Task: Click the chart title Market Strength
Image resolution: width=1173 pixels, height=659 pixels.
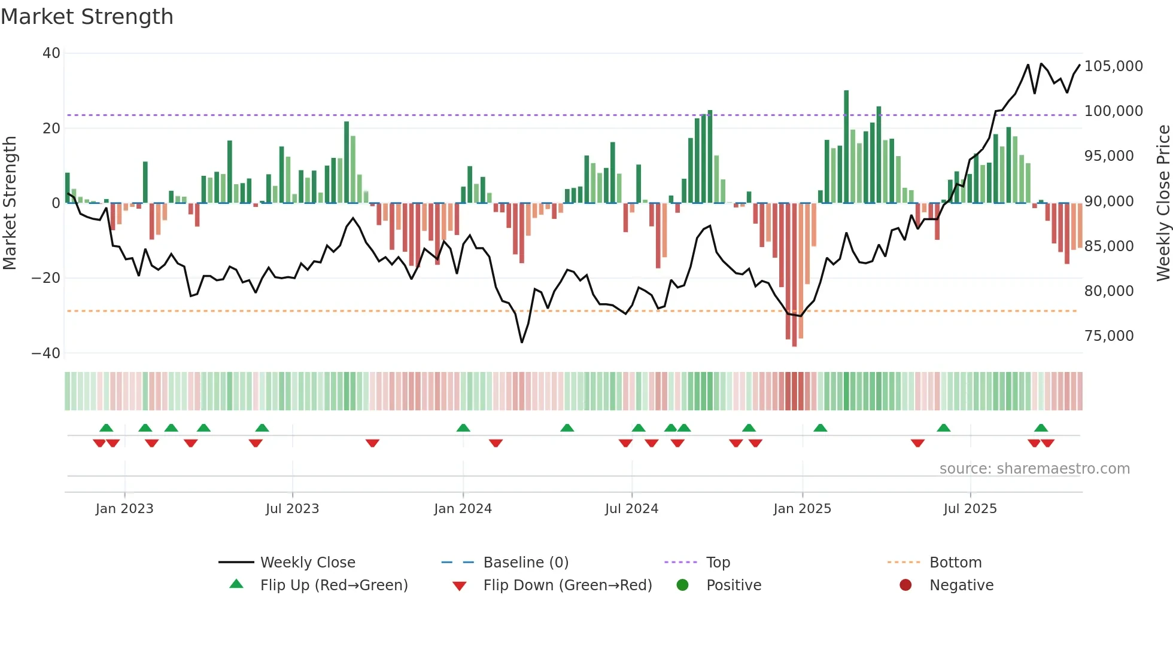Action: (87, 17)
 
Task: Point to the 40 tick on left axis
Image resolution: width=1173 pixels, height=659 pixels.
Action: (51, 53)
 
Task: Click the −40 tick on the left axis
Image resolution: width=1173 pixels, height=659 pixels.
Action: (46, 353)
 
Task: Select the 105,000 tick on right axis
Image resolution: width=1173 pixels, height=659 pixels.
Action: (1113, 66)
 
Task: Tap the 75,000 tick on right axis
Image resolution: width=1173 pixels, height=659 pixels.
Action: (1108, 336)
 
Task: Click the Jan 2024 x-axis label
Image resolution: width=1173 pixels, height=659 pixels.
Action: (463, 509)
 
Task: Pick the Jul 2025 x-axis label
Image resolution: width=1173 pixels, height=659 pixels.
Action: (970, 509)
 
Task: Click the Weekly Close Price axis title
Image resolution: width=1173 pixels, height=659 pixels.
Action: (1163, 203)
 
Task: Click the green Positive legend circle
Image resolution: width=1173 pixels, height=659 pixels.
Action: (682, 585)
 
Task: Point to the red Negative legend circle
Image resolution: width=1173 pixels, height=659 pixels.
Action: (905, 585)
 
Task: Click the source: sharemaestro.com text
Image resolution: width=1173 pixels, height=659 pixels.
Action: (1034, 469)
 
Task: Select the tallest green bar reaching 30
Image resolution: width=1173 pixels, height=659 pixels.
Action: (846, 147)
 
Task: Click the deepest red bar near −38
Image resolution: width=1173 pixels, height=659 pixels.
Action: (794, 275)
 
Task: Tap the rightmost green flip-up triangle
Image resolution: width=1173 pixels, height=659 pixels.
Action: (1041, 428)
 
